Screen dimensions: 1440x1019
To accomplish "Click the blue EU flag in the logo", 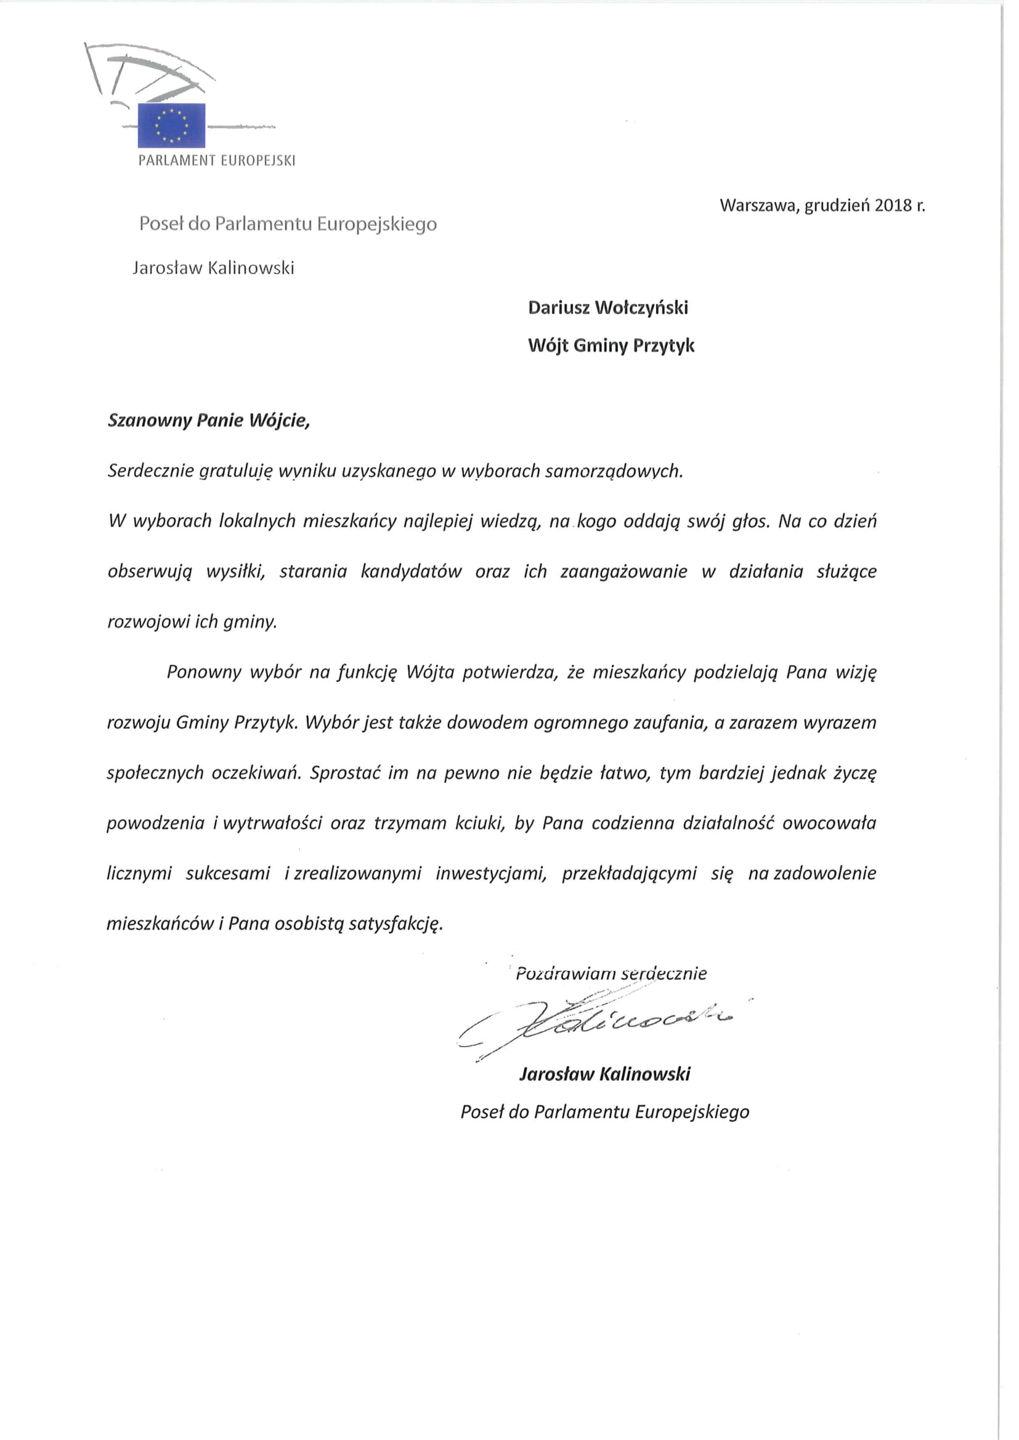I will click(x=171, y=125).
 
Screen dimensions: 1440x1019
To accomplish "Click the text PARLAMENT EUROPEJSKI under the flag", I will click(x=216, y=161).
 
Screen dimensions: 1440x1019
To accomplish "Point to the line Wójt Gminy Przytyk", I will click(x=611, y=345).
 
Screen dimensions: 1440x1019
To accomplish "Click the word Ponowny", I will click(x=204, y=672).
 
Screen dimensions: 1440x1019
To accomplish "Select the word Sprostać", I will click(x=345, y=773).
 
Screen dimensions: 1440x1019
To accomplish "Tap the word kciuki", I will click(x=480, y=823).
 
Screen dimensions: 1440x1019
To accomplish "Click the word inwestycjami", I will click(x=491, y=873).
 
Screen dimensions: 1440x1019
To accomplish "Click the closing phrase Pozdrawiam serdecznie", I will click(x=611, y=973).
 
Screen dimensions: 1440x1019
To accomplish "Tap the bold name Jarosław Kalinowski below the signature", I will click(x=605, y=1074).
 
